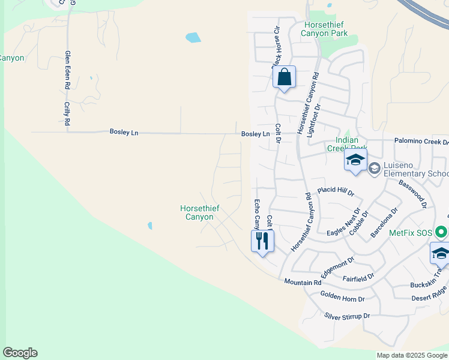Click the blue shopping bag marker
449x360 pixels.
point(285,77)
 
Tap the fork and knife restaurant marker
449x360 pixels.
point(262,241)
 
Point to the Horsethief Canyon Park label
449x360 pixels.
point(326,29)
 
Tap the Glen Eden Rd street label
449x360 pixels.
point(68,71)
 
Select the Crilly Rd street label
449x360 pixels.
point(67,113)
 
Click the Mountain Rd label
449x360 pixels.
point(303,282)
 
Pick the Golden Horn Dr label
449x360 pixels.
point(342,296)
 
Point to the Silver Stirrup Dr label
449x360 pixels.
point(347,316)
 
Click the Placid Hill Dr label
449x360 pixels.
point(336,191)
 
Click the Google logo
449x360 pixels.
point(20,353)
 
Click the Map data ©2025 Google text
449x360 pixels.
point(412,355)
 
